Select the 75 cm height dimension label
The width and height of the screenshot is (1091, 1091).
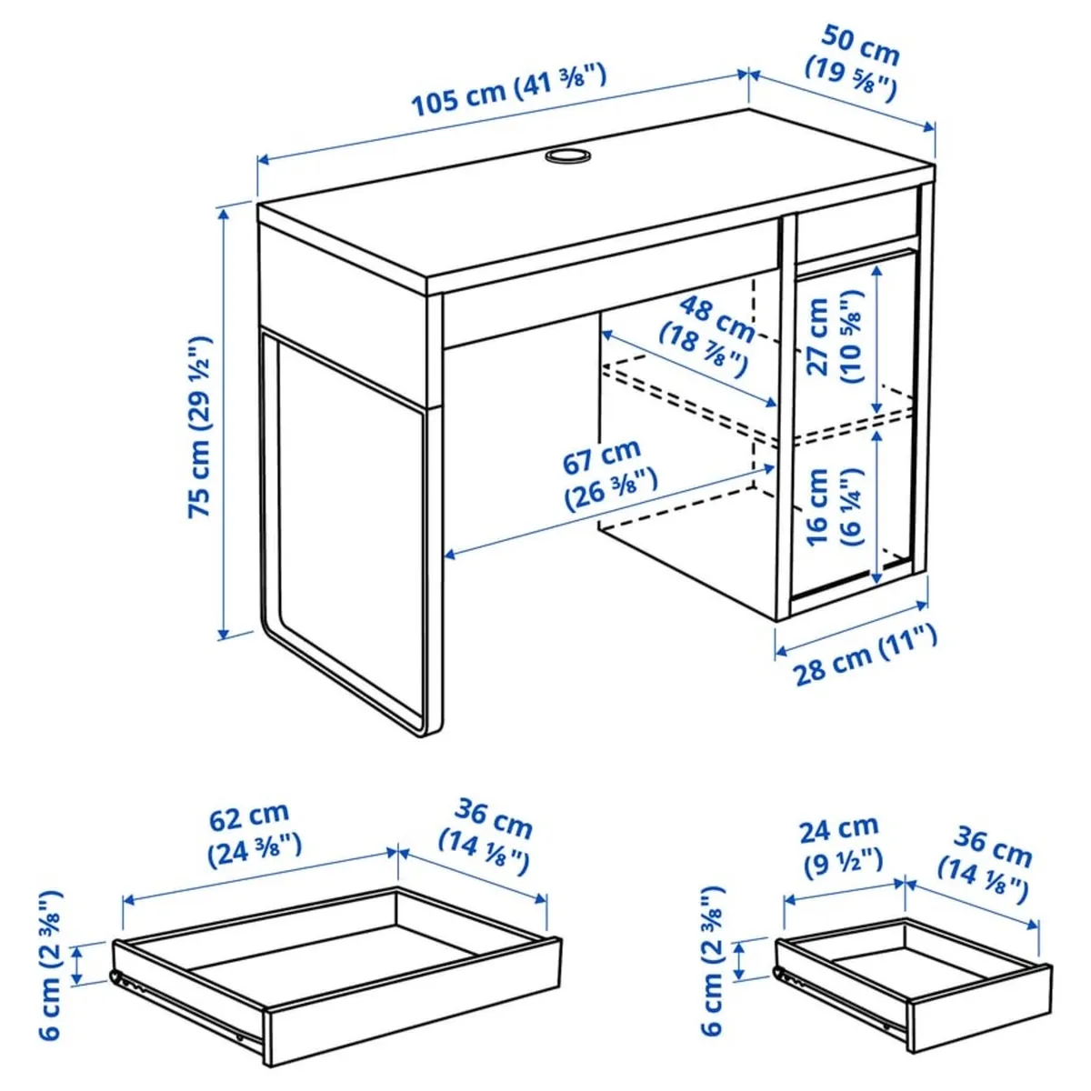tap(200, 427)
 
